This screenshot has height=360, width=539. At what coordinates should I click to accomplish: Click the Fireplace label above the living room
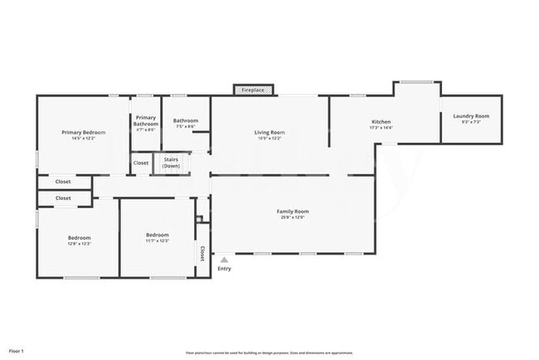[253, 90]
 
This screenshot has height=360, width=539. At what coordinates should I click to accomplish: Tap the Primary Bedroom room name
[83, 132]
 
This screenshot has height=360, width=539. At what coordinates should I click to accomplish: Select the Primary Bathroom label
[146, 120]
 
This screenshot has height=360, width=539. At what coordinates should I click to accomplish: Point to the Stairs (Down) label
[172, 162]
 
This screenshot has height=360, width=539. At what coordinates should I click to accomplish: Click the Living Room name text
[269, 132]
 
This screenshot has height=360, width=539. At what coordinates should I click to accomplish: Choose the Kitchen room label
[381, 122]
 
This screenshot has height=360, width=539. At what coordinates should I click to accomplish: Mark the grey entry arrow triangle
[224, 260]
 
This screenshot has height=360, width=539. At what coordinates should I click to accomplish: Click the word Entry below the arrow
[224, 269]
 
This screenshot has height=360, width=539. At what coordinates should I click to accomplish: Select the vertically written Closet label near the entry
[202, 253]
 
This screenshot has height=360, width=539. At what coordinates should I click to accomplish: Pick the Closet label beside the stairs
[141, 163]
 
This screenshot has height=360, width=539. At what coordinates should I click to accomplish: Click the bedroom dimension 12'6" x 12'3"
[79, 244]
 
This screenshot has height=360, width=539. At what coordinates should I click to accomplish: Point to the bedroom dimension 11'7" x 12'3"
[158, 241]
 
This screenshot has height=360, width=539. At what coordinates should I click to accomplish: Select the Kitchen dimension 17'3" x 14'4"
[381, 129]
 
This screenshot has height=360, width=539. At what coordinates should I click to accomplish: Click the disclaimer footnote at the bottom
[269, 353]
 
